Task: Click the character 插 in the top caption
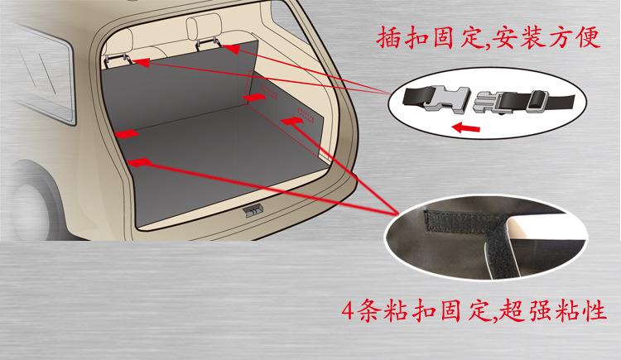pyautogui.click(x=395, y=37)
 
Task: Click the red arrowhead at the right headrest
pyautogui.click(x=234, y=50)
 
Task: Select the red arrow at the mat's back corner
pyautogui.click(x=253, y=100)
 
